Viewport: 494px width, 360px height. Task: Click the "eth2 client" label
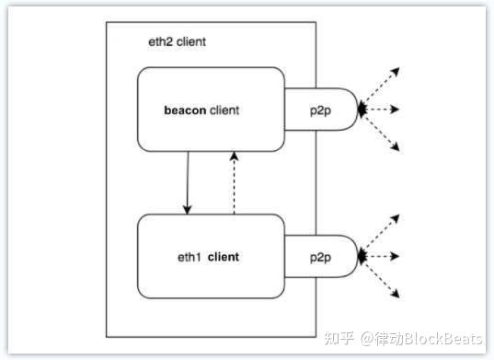coord(178,42)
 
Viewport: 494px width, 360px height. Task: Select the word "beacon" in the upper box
coord(185,110)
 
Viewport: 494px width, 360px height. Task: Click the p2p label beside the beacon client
coord(322,110)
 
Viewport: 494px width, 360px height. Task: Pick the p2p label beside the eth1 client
coord(322,257)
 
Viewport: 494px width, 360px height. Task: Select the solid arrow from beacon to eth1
coord(188,180)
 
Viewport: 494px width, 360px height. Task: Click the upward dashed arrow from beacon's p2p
coord(383,87)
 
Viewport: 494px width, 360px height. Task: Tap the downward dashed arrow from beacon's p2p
coord(383,132)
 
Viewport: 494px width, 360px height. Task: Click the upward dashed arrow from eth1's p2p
coord(383,234)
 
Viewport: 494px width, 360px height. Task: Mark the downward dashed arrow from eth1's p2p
coord(383,278)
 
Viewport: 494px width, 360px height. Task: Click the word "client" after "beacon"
coord(224,110)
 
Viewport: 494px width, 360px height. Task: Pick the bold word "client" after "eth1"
coord(224,257)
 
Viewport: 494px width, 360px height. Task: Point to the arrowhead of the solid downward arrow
coord(188,210)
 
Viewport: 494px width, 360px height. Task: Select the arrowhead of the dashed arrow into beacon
coord(236,156)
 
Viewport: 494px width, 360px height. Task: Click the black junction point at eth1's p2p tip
coord(361,256)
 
